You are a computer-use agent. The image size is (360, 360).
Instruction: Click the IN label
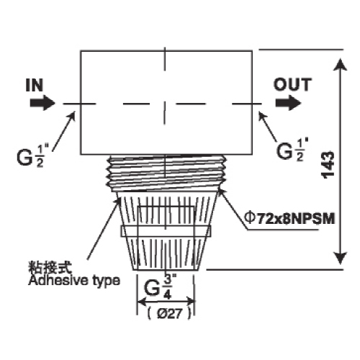pyautogui.click(x=35, y=85)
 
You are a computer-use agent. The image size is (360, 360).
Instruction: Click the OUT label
pyautogui.click(x=292, y=85)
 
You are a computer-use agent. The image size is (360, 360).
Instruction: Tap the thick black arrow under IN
pyautogui.click(x=42, y=103)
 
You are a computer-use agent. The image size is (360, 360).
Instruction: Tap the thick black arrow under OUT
pyautogui.click(x=288, y=103)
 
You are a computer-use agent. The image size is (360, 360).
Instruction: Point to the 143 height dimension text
pyautogui.click(x=328, y=165)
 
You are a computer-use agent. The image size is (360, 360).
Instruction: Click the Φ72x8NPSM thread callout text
pyautogui.click(x=289, y=219)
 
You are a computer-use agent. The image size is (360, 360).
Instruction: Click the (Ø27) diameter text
pyautogui.click(x=169, y=313)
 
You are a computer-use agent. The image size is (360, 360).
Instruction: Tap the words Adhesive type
pyautogui.click(x=74, y=281)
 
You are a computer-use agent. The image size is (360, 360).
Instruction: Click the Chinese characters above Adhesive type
pyautogui.click(x=50, y=267)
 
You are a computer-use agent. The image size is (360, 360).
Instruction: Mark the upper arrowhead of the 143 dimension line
pyautogui.click(x=341, y=64)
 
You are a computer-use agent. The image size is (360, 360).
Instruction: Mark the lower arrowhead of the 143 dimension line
pyautogui.click(x=341, y=258)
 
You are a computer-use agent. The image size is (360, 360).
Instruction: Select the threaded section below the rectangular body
pyautogui.click(x=166, y=173)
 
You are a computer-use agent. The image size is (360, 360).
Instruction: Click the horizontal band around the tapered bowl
pyautogui.click(x=166, y=231)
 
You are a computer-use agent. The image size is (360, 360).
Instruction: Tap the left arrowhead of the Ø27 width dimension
pyautogui.click(x=142, y=301)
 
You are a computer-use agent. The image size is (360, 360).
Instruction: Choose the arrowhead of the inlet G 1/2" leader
pyautogui.click(x=72, y=116)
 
